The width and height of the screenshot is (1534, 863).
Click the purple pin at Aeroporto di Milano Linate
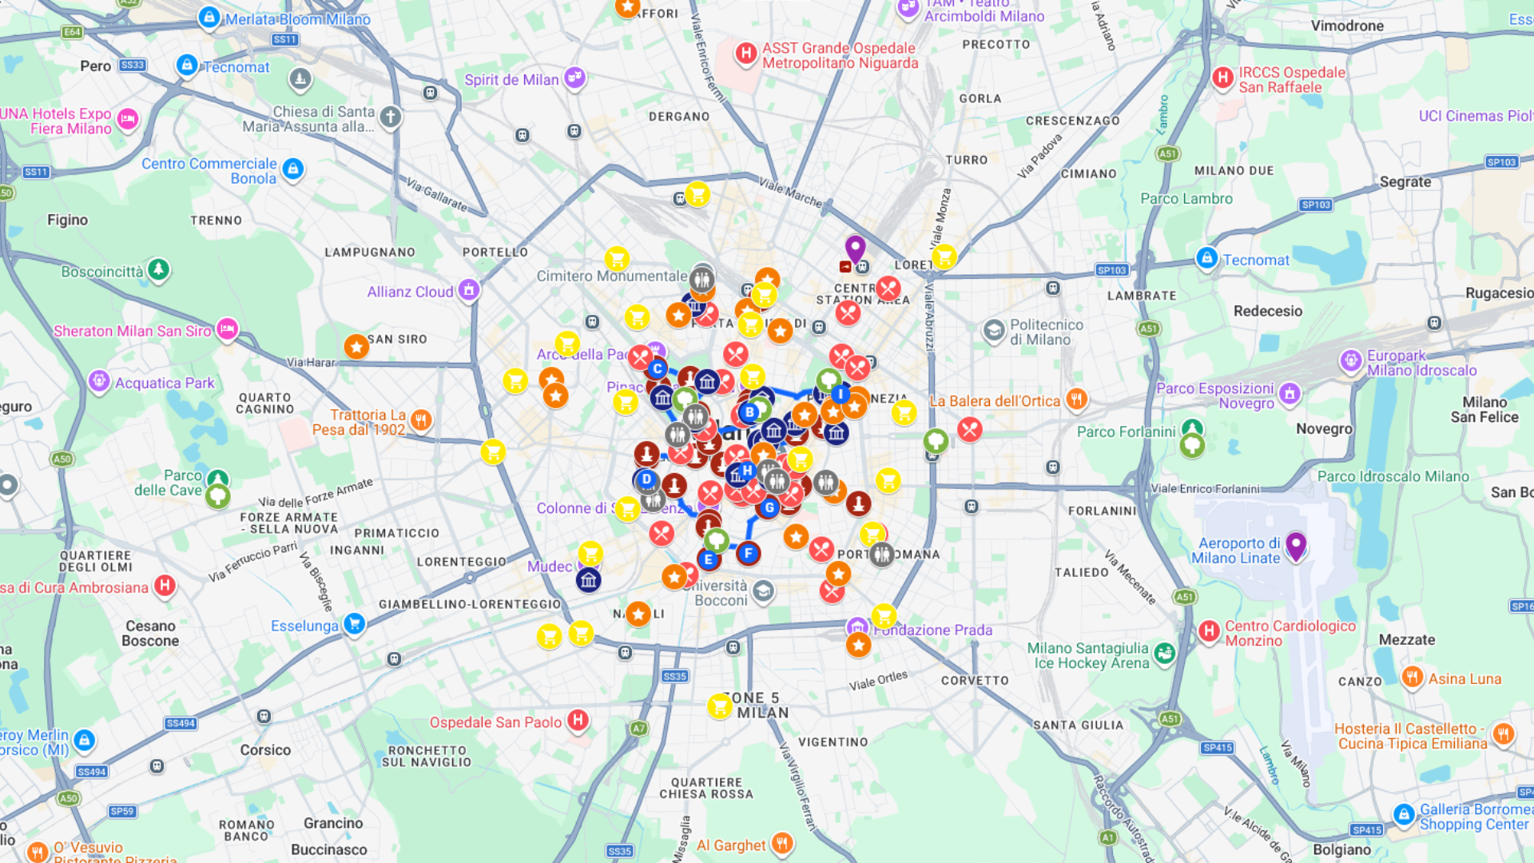click(1295, 546)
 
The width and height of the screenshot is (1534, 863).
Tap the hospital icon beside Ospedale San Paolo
click(578, 720)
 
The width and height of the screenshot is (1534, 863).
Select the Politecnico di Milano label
click(1046, 332)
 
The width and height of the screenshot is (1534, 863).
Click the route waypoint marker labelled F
click(748, 553)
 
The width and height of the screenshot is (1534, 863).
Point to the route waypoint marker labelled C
click(657, 368)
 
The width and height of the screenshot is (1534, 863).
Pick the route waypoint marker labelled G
click(769, 507)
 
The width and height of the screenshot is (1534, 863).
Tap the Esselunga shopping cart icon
click(354, 624)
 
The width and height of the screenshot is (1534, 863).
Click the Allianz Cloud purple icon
click(469, 290)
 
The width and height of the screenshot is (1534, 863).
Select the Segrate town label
click(1405, 182)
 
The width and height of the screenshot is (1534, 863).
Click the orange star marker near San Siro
click(356, 347)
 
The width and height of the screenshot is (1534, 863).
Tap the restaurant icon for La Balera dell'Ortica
click(1076, 399)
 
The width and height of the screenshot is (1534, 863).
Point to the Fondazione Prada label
click(933, 630)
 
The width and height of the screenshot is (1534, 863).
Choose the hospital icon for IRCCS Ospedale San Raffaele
click(1222, 78)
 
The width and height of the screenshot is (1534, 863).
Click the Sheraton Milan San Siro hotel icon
click(227, 328)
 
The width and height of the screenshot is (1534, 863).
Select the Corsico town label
click(265, 750)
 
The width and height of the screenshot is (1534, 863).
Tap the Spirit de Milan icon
click(574, 78)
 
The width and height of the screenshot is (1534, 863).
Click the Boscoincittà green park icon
click(158, 269)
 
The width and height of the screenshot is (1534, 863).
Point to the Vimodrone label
click(1347, 26)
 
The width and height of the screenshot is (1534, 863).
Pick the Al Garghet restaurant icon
click(782, 842)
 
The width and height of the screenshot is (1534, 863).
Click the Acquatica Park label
click(165, 383)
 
